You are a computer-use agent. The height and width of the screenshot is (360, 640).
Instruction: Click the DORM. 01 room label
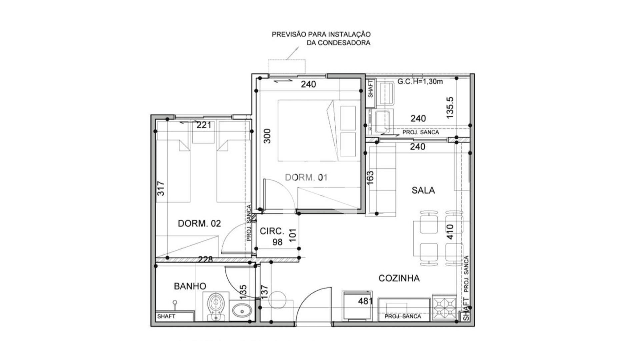(x=306, y=177)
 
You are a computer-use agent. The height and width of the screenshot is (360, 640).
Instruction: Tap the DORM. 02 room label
(x=199, y=223)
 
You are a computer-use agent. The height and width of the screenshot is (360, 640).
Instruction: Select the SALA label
(x=423, y=190)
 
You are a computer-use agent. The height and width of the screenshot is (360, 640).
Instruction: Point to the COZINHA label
(x=399, y=278)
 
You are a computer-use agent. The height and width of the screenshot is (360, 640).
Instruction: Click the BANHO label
(x=190, y=286)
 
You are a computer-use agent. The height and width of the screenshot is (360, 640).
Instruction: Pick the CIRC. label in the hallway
(x=272, y=231)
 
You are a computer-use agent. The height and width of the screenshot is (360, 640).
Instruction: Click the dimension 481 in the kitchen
(x=365, y=301)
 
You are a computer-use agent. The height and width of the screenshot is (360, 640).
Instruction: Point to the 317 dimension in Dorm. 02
(x=161, y=188)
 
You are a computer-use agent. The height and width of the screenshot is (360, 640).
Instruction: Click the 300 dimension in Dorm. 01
(x=267, y=136)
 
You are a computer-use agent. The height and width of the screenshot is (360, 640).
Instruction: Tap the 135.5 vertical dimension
(x=450, y=108)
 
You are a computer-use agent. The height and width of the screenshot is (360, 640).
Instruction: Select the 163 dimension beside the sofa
(x=370, y=178)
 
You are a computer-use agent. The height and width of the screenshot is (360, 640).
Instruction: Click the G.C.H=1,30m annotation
(x=420, y=81)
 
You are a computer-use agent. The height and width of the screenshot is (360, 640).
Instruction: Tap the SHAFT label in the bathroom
(x=166, y=316)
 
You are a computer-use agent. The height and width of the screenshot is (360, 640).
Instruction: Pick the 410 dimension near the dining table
(x=450, y=232)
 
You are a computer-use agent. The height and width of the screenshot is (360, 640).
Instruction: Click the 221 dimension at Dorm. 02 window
(x=204, y=125)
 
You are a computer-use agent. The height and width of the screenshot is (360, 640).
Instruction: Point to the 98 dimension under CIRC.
(x=277, y=242)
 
